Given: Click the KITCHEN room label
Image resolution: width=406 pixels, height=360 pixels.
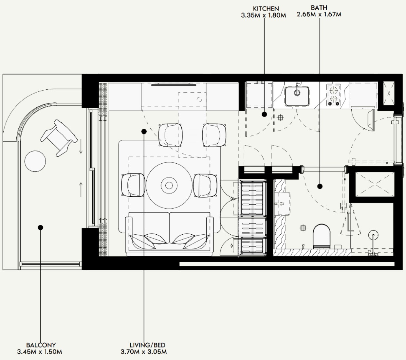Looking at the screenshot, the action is click(x=266, y=9).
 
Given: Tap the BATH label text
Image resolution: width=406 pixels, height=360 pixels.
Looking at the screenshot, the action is click(x=319, y=8).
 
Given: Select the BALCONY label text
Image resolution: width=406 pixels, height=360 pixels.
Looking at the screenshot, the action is click(x=41, y=345).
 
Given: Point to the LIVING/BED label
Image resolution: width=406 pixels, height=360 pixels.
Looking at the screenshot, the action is click(x=147, y=345).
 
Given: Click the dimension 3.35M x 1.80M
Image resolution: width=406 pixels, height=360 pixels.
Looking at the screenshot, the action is click(x=264, y=15).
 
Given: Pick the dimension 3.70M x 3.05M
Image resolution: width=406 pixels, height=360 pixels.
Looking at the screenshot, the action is click(x=144, y=351).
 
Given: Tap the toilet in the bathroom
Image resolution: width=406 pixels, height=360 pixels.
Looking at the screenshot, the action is click(x=321, y=236).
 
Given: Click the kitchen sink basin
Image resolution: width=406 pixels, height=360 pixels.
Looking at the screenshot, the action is click(x=297, y=96).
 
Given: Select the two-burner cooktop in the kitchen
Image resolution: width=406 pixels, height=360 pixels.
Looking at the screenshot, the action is click(x=334, y=95).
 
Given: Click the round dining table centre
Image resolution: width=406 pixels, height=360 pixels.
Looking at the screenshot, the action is click(x=169, y=186).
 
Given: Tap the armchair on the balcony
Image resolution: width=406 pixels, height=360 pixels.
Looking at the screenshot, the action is click(x=59, y=138).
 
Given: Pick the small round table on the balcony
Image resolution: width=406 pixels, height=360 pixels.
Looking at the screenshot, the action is click(x=35, y=161).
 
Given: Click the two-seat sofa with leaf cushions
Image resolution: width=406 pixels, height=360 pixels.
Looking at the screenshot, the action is click(x=169, y=234).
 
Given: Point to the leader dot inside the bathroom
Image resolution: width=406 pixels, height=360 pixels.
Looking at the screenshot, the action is click(x=320, y=186).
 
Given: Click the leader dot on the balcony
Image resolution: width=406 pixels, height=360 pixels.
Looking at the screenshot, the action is click(x=41, y=227).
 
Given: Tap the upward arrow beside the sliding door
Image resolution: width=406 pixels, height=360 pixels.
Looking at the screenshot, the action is click(x=81, y=189).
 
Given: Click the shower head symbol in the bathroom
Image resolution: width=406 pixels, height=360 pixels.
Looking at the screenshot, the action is click(x=373, y=235).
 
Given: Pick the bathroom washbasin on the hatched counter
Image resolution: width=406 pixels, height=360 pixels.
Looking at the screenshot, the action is click(x=283, y=204).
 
